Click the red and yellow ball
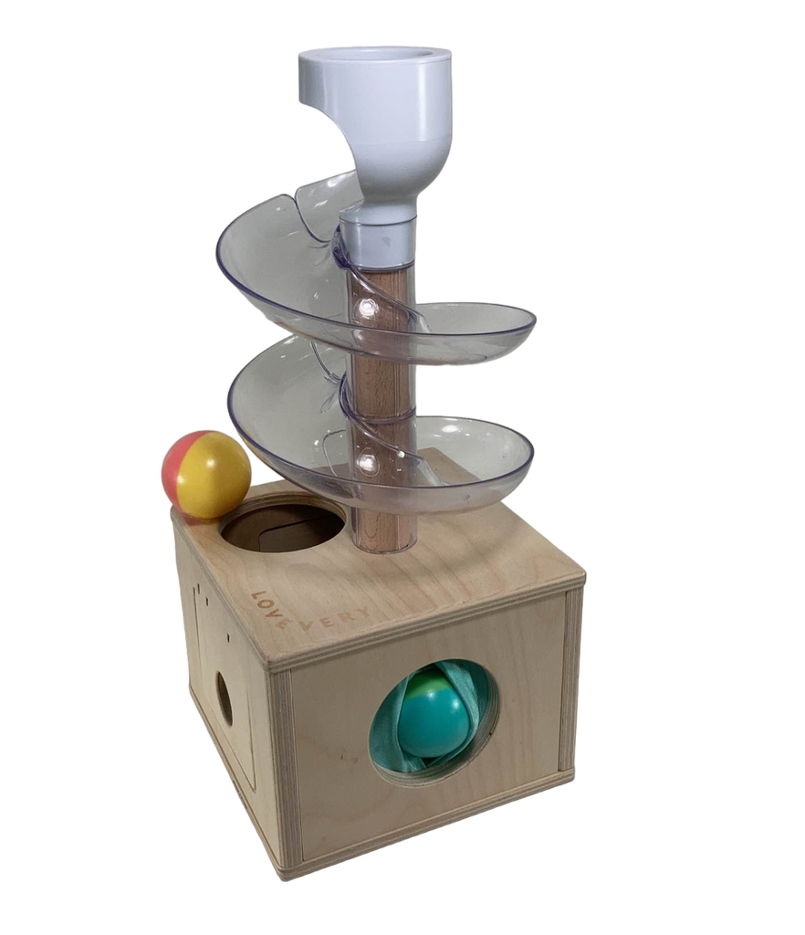pyautogui.click(x=206, y=474)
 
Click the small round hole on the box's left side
pyautogui.click(x=224, y=697)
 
